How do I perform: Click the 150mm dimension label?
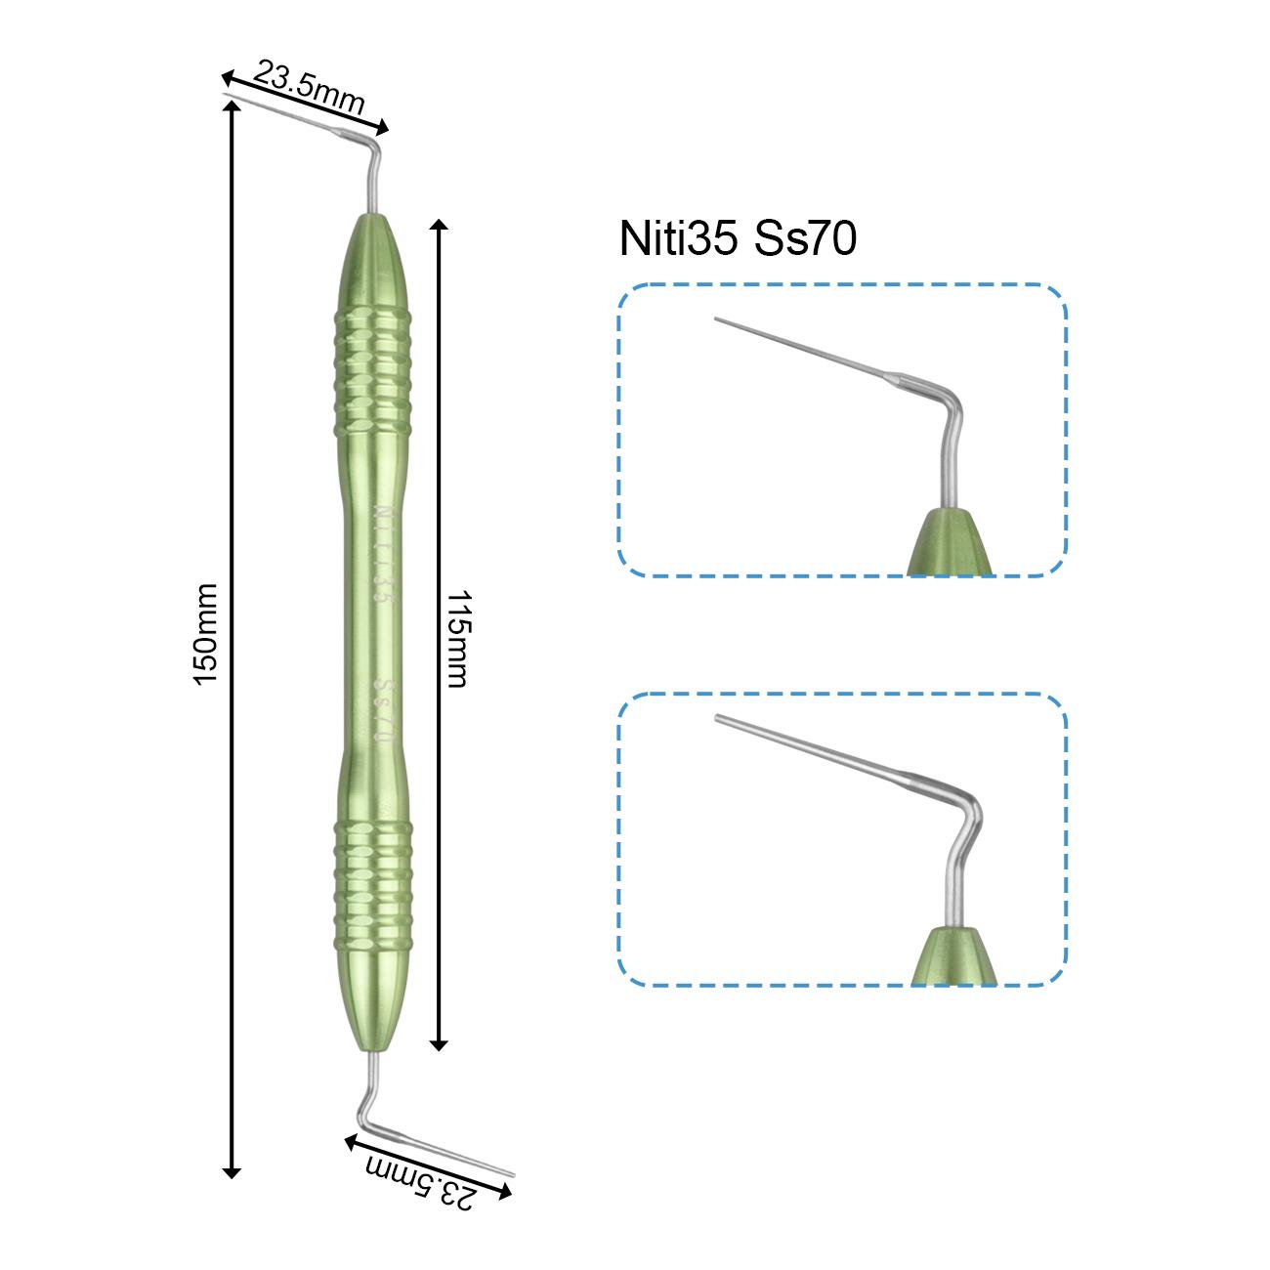pos(205,634)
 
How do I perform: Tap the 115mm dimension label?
pos(457,639)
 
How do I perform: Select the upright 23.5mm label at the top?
pos(309,88)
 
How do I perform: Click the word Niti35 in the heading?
pos(678,238)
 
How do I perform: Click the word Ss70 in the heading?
pos(805,238)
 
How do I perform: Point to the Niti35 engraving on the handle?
pos(383,555)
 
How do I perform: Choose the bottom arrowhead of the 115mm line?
pos(439,1044)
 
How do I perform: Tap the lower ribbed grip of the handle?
pos(373,886)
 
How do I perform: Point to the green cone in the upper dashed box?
pos(950,542)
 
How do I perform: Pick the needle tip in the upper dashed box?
pos(716,319)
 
